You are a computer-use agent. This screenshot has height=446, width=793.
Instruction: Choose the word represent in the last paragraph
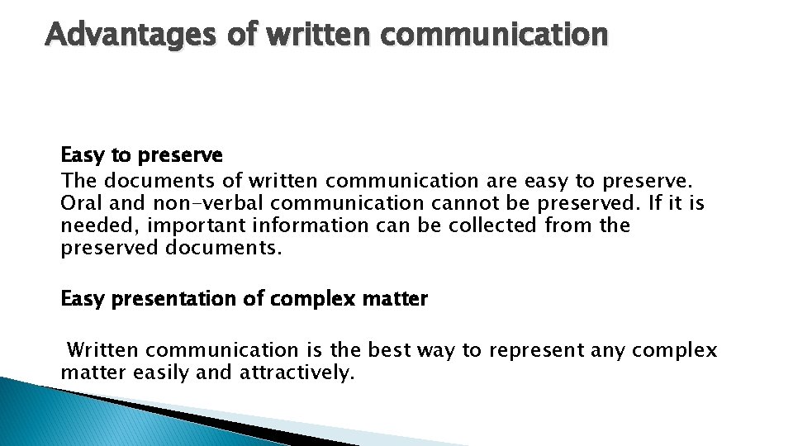(x=536, y=350)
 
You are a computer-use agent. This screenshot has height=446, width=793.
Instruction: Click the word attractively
(x=297, y=372)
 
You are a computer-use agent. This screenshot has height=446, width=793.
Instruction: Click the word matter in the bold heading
(x=395, y=299)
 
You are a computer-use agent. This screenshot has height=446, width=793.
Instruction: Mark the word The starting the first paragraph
(x=78, y=179)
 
